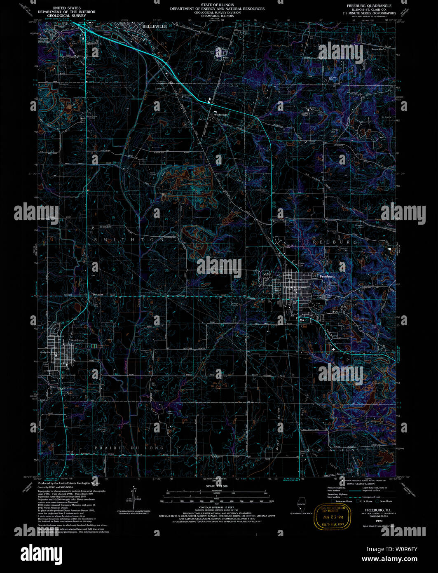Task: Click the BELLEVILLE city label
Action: tap(155, 26)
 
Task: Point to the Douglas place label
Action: tap(98, 294)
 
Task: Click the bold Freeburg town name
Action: tap(328, 276)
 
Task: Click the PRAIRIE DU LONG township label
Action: tap(129, 447)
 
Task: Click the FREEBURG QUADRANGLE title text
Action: tap(369, 6)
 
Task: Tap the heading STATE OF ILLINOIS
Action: tap(217, 5)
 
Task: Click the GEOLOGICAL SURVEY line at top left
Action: tap(66, 16)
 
